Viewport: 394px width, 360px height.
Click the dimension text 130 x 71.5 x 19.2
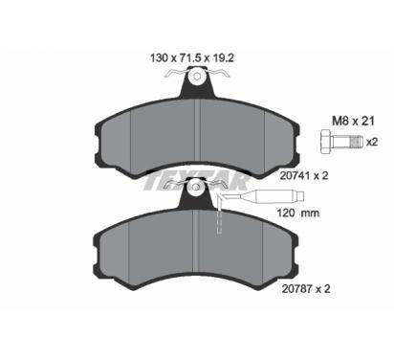[192, 57]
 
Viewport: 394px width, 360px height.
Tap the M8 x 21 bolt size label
[353, 121]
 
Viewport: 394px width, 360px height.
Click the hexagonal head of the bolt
[325, 142]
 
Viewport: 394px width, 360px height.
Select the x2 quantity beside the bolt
[372, 142]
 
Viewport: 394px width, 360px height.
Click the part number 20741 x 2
[304, 175]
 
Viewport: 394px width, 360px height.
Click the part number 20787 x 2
[306, 289]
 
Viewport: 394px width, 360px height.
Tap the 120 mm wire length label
[298, 213]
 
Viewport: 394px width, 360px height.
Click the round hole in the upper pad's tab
[197, 77]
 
